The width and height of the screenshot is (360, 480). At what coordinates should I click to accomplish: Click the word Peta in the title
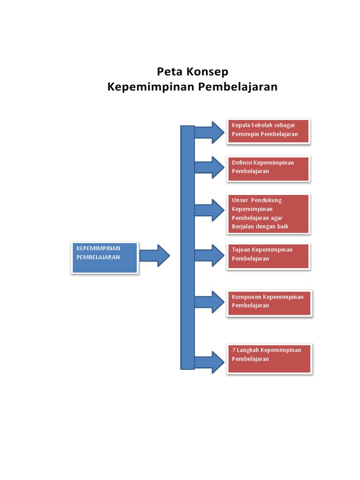[x=169, y=72]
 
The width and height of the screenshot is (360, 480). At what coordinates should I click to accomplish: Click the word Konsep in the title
[x=207, y=72]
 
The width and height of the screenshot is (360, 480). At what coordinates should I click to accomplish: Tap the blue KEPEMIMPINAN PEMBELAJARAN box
[x=105, y=257]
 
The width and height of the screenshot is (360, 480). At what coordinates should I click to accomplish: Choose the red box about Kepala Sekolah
[x=269, y=131]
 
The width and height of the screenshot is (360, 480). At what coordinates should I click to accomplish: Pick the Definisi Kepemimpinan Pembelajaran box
[x=269, y=168]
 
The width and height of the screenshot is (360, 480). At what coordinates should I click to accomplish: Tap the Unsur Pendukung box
[x=269, y=213]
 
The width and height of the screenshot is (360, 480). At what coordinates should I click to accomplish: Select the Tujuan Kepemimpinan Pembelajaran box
[x=269, y=255]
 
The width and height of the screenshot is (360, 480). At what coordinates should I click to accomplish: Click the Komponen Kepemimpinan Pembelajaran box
[x=269, y=302]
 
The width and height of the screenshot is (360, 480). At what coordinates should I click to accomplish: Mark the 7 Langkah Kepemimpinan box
[x=269, y=359]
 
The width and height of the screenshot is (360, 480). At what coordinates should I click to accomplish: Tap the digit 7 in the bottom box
[x=233, y=350]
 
